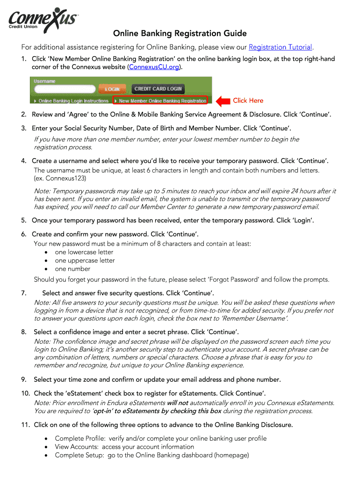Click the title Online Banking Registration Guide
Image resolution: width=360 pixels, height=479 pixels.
pyautogui.click(x=180, y=34)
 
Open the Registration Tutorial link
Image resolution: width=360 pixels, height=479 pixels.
pyautogui.click(x=280, y=47)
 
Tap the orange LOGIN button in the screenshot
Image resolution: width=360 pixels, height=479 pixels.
pyautogui.click(x=112, y=89)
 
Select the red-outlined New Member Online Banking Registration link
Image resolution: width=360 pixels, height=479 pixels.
pyautogui.click(x=162, y=101)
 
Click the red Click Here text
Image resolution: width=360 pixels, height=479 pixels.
pyautogui.click(x=248, y=101)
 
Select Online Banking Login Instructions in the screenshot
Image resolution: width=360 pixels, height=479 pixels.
pyautogui.click(x=73, y=101)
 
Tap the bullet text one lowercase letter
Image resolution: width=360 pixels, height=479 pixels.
pyautogui.click(x=84, y=252)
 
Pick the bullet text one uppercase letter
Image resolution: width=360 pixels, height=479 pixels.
pyautogui.click(x=85, y=261)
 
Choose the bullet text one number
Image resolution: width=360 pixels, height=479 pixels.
pyautogui.click(x=72, y=269)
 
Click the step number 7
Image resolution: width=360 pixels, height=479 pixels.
pyautogui.click(x=23, y=293)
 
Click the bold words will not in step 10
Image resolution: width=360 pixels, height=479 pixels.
pyautogui.click(x=177, y=403)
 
